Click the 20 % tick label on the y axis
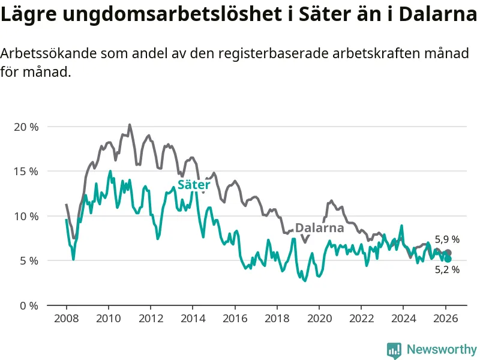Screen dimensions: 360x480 click(26, 127)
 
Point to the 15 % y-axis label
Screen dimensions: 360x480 click(26, 171)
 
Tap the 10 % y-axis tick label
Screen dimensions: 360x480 click(26, 216)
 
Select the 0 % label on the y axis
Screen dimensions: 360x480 click(29, 305)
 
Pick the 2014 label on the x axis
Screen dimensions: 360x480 click(193, 318)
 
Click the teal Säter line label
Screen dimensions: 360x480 click(194, 185)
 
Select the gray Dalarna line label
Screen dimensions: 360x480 click(320, 228)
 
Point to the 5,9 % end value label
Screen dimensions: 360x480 click(447, 239)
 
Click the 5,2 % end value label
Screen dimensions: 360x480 click(447, 270)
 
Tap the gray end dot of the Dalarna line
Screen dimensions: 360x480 click(448, 253)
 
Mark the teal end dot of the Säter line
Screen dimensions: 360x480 click(448, 259)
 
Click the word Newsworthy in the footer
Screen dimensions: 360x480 click(442, 349)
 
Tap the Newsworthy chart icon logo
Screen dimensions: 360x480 click(394, 349)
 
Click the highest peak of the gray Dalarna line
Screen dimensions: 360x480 click(130, 125)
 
